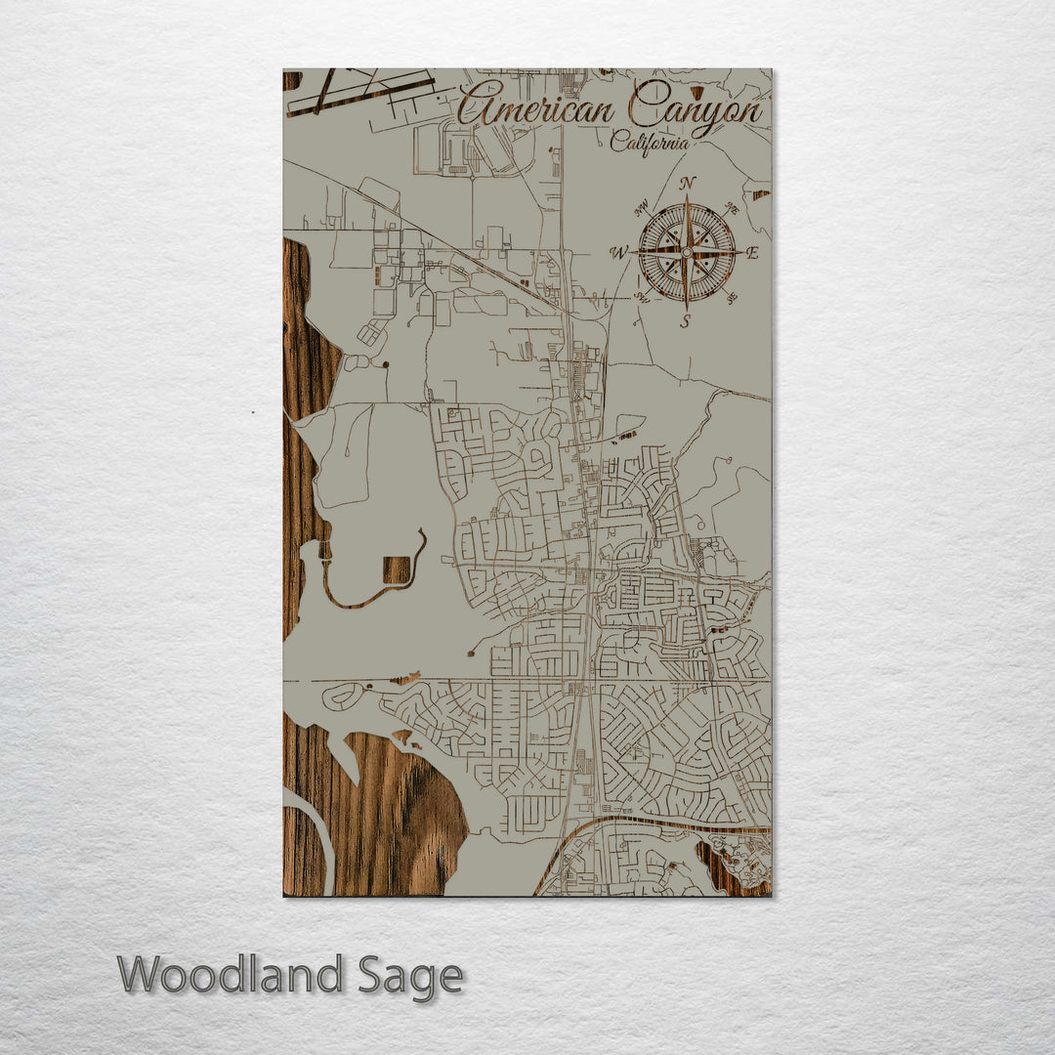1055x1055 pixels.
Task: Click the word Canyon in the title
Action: (x=696, y=105)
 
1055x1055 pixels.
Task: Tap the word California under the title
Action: (x=649, y=143)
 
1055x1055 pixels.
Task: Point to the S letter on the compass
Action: (x=686, y=319)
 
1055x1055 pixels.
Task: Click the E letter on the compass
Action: (x=752, y=253)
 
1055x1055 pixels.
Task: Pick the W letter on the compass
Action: (x=618, y=253)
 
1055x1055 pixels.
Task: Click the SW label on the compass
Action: (x=641, y=297)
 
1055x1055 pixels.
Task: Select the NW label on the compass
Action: (x=642, y=208)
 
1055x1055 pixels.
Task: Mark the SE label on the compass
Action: (x=732, y=298)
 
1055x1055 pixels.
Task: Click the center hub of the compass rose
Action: (x=687, y=252)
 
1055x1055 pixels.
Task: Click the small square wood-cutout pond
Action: (x=397, y=570)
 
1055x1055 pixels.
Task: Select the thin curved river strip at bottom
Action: (x=322, y=840)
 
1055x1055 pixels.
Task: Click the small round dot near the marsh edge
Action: (x=387, y=363)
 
